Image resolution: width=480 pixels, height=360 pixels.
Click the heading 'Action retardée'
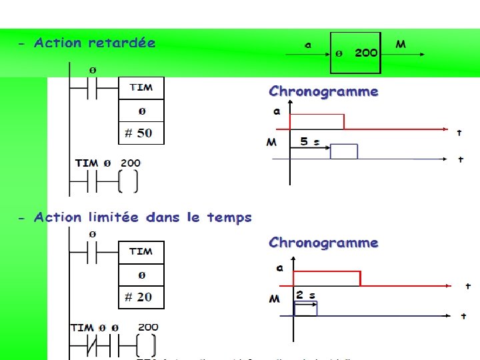click(x=94, y=43)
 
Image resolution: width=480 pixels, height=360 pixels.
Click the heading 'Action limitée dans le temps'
click(x=143, y=218)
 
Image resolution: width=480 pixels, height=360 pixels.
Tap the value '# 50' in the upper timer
click(x=139, y=133)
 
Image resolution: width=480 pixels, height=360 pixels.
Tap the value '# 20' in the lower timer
click(x=139, y=297)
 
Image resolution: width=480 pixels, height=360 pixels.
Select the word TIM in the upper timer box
click(x=141, y=87)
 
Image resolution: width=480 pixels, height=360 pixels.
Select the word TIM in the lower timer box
click(x=141, y=251)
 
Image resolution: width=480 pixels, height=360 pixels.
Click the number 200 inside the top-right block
click(x=366, y=53)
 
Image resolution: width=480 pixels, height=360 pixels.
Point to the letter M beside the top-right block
click(x=401, y=45)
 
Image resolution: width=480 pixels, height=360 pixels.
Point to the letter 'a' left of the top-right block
click(x=307, y=45)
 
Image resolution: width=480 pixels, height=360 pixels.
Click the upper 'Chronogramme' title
click(x=323, y=92)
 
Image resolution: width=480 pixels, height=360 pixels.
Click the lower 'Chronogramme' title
click(x=323, y=243)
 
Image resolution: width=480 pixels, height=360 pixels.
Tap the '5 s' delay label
click(x=310, y=142)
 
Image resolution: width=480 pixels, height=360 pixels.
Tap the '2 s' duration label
click(x=306, y=295)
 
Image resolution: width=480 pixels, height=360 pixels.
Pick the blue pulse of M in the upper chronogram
click(x=344, y=151)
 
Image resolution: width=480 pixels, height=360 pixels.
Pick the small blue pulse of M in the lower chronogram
click(x=305, y=308)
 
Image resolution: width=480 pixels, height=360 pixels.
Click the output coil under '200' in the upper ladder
click(x=129, y=181)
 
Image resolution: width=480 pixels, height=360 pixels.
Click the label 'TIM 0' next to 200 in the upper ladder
click(x=93, y=163)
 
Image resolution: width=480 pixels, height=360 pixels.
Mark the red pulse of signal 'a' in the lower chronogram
click(x=327, y=277)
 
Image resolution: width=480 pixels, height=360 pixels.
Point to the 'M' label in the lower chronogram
click(x=274, y=299)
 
